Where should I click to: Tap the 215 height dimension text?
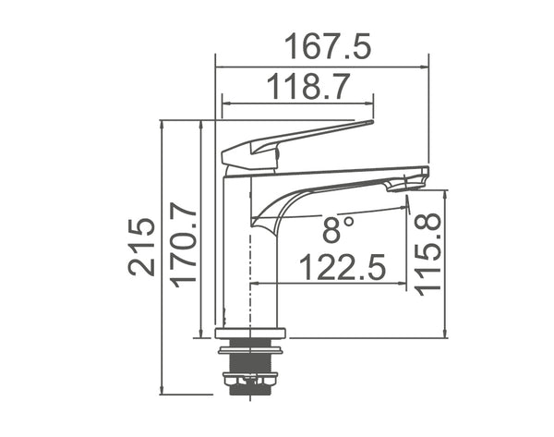click(x=141, y=247)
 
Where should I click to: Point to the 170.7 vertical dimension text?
click(x=182, y=244)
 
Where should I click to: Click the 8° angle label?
click(x=338, y=225)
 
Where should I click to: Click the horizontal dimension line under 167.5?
click(x=322, y=67)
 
